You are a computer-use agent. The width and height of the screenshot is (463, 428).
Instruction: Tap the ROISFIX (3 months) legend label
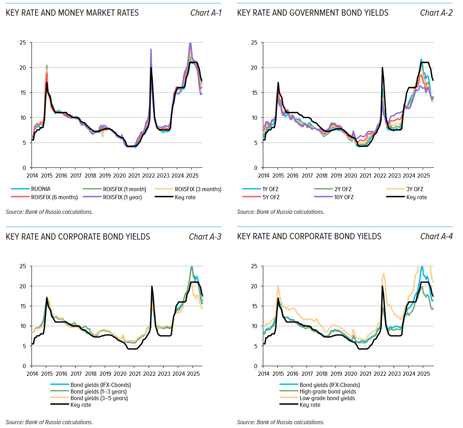point(198,189)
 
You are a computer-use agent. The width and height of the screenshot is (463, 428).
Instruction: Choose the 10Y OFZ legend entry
point(344,197)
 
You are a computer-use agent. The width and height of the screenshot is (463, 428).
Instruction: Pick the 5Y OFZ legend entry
point(271,197)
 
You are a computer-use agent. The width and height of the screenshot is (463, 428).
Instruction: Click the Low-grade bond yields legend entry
point(327,398)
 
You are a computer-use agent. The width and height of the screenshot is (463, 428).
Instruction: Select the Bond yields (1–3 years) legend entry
point(98,391)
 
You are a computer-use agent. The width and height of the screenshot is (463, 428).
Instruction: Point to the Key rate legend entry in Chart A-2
point(416,197)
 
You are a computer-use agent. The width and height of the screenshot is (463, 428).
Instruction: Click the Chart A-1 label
point(206,13)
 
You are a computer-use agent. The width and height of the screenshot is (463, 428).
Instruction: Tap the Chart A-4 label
point(436,236)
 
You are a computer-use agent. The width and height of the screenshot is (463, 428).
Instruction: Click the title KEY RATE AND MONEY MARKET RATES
point(72,13)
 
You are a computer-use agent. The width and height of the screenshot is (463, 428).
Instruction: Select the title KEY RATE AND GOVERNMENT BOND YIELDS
point(313,13)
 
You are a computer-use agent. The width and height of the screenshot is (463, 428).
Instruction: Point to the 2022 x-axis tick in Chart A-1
point(149,176)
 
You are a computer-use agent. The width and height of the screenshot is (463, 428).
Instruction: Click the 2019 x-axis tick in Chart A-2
point(336,176)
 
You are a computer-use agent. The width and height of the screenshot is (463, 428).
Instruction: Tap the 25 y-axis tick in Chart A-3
point(23,266)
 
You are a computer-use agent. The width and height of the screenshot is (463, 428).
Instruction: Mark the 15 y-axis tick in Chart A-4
point(254,306)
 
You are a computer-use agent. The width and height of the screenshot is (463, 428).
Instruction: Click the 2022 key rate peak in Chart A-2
point(382,68)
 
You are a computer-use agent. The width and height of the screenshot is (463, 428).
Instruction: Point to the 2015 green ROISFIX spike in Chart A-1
point(47,65)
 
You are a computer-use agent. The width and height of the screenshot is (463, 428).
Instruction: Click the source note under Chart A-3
point(49,422)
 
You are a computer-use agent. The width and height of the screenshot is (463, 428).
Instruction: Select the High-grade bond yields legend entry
point(328,391)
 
